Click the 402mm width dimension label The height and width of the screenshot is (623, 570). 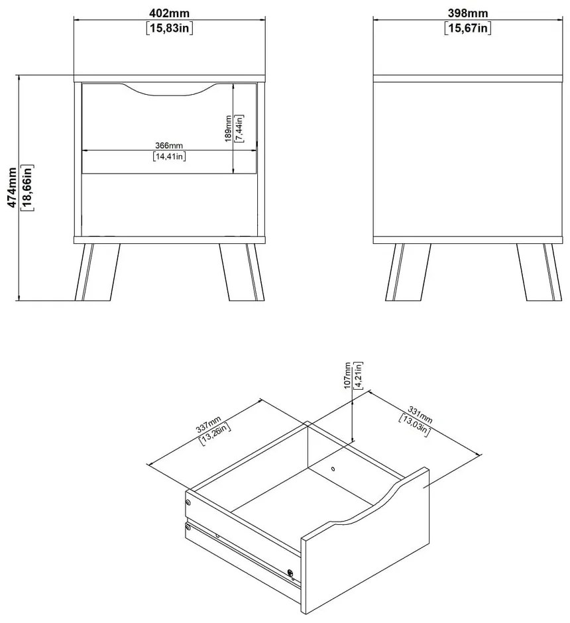(169, 13)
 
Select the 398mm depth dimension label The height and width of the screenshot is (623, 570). (468, 13)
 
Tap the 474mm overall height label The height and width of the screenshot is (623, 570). (13, 188)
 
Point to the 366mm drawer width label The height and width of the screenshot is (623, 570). (169, 146)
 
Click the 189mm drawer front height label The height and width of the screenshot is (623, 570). (228, 129)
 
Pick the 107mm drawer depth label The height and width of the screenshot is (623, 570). (347, 376)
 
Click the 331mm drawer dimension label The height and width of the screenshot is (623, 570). (420, 415)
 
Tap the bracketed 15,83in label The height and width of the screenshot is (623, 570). (170, 28)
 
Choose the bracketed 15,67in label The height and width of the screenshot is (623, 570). (468, 28)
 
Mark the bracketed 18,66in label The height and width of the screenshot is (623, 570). (27, 188)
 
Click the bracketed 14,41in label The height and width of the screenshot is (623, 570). (169, 156)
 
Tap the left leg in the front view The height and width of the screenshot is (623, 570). (97, 272)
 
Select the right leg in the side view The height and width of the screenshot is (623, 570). (540, 272)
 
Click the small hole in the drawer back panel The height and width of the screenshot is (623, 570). (333, 469)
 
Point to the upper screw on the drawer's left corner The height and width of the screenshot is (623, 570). (188, 503)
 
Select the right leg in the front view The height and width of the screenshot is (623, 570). (242, 272)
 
